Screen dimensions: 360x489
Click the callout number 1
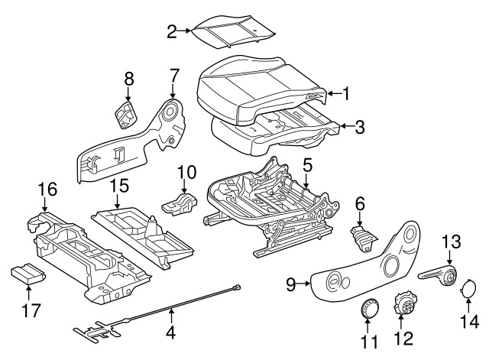[x=346, y=94]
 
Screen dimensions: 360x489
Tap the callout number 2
[x=172, y=31]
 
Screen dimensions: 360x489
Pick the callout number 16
[x=47, y=187]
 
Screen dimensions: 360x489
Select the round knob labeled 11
[x=370, y=310]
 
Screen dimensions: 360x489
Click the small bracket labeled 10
[x=180, y=204]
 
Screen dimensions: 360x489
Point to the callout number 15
[x=117, y=186]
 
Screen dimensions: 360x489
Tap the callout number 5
[x=307, y=165]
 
